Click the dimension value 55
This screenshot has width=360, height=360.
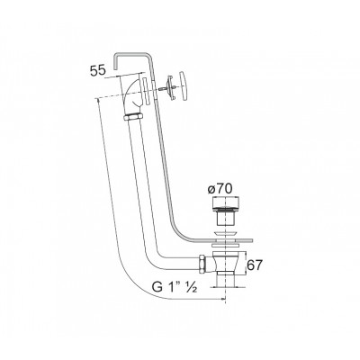[x=98, y=71]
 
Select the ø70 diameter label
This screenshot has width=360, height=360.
[x=220, y=189]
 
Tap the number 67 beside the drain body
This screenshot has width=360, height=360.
[x=255, y=265]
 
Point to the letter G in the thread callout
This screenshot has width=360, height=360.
[x=157, y=287]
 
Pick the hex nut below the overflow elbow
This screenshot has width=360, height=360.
[x=133, y=116]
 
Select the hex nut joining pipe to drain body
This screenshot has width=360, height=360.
[x=202, y=264]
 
